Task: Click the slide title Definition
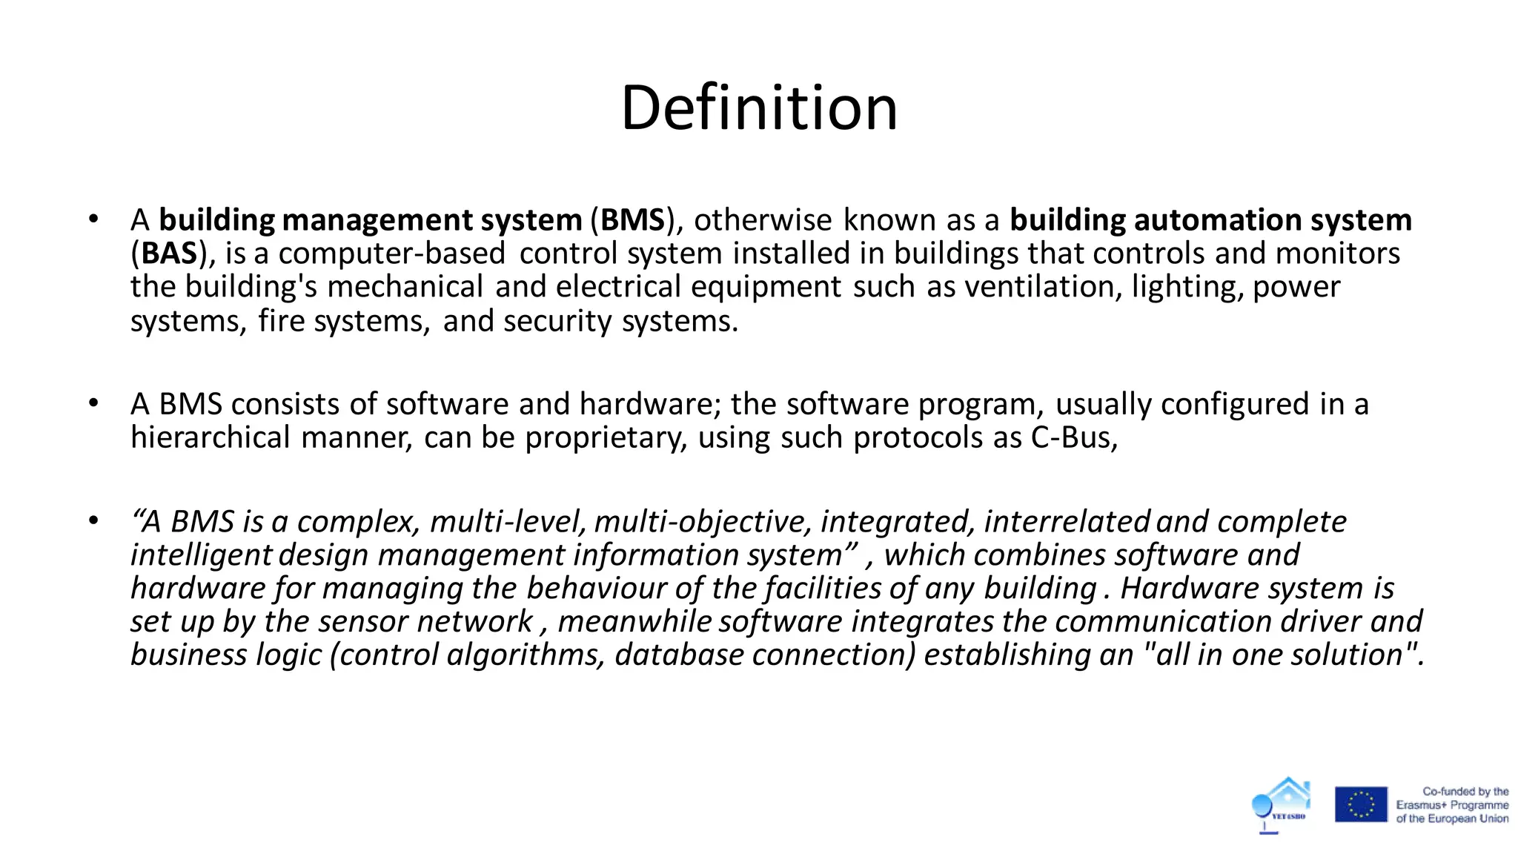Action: coord(759,108)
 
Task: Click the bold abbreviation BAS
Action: coord(169,254)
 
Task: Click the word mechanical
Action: coord(405,287)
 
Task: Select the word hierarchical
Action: coord(210,437)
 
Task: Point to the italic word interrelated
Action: coord(1067,522)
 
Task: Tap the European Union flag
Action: coord(1361,804)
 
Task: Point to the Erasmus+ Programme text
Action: coord(1452,805)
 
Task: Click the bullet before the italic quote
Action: coord(93,520)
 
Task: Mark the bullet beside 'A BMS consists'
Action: coord(93,403)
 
